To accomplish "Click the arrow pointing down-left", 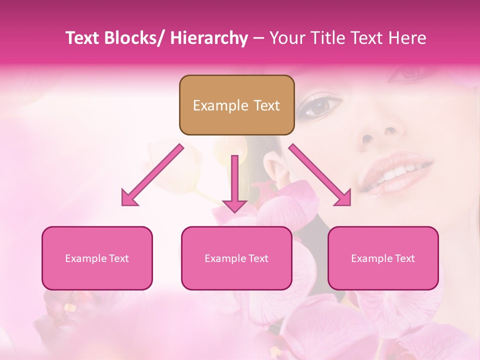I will pyautogui.click(x=152, y=175).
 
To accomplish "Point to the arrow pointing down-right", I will pyautogui.click(x=320, y=175).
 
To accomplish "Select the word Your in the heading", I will pyautogui.click(x=287, y=38).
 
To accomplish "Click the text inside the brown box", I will pyautogui.click(x=236, y=105).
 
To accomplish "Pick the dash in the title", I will pyautogui.click(x=258, y=38).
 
